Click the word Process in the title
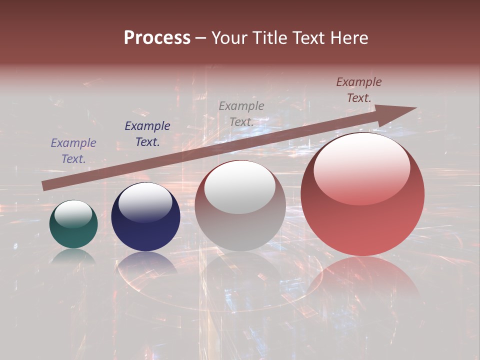pyautogui.click(x=157, y=38)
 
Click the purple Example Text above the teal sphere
pyautogui.click(x=73, y=151)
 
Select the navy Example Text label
pyautogui.click(x=147, y=134)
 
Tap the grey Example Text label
pyautogui.click(x=241, y=113)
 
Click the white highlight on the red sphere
pyautogui.click(x=361, y=169)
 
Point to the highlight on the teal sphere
pyautogui.click(x=73, y=214)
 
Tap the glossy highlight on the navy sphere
pyautogui.click(x=145, y=202)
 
